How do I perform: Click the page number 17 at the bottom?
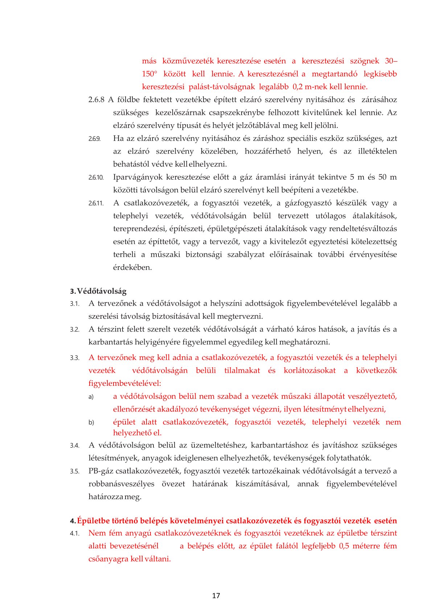(216, 596)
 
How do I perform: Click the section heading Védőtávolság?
(102, 291)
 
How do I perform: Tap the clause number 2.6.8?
(96, 100)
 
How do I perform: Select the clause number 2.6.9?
(94, 139)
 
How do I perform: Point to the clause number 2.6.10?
(96, 177)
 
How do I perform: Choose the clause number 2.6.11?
(96, 203)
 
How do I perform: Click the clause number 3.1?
(74, 304)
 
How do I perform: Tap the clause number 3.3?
(74, 358)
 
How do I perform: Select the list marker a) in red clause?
(91, 397)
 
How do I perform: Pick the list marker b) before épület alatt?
(91, 422)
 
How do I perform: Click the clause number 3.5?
(74, 471)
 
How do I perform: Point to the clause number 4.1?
(74, 534)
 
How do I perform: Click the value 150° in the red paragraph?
(149, 74)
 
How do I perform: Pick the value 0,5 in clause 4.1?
(344, 546)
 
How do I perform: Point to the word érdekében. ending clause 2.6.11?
(132, 267)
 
